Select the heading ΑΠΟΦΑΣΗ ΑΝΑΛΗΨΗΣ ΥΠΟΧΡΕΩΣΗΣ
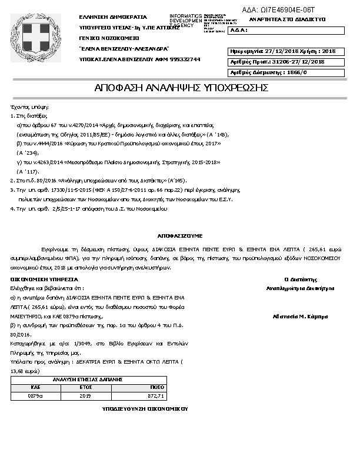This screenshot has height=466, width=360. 181,88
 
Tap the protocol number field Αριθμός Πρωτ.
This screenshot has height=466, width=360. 276,62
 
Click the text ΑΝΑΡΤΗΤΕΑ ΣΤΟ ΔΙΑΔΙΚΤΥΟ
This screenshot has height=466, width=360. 287,19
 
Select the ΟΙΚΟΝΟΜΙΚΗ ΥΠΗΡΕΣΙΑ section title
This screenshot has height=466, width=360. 44,279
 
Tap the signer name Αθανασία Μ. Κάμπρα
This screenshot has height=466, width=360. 300,317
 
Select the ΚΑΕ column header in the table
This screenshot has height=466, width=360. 35,388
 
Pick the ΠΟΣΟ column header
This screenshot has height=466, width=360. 156,388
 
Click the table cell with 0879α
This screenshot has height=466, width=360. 35,397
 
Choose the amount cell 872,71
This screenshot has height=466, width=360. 156,397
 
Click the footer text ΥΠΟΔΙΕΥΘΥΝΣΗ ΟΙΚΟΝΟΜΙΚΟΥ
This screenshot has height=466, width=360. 144,408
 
